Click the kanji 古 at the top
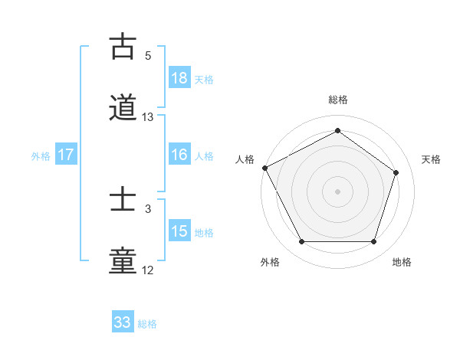coord(123,47)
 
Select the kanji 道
coord(123,108)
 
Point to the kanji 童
coord(123,261)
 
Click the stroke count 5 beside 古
coord(148,56)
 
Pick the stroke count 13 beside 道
coord(148,117)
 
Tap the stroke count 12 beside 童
coord(148,270)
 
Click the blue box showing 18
coord(179,78)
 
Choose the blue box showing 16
coord(179,155)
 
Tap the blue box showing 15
coord(179,231)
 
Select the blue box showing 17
coord(66,155)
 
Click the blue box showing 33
coord(123,323)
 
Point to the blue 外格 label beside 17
coord(41,155)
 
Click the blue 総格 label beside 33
coord(147,324)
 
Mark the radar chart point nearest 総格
coord(337,130)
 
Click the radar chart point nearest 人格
coord(264,168)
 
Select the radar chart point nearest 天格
coord(396,172)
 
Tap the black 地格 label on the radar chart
coord(402,262)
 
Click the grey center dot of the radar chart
coord(337,191)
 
